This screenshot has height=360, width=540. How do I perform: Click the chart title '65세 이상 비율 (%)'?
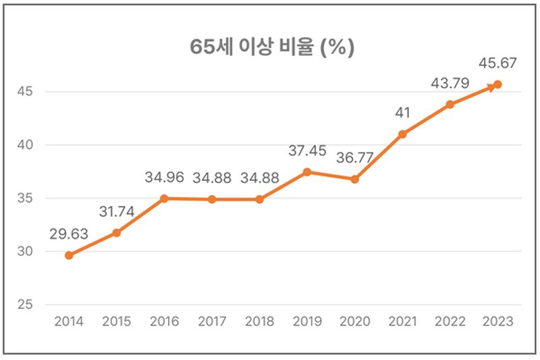pos(271,48)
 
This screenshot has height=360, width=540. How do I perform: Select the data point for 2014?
pos(69,255)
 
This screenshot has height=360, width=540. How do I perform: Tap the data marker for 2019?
pos(307,172)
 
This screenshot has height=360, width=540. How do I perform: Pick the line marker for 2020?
pos(354,179)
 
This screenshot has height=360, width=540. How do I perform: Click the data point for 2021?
pos(402,134)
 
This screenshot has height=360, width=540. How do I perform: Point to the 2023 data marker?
pos(497,84)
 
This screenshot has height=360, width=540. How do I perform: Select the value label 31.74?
pos(116,211)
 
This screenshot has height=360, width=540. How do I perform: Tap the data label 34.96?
pos(164,178)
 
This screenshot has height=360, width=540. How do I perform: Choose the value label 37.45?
pos(307,151)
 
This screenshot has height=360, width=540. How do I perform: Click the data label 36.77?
pos(354,159)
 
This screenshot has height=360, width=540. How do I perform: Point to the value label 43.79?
pos(450,84)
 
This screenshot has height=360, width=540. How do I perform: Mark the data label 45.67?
pos(497,64)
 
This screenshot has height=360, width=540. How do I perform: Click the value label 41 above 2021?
pos(402,113)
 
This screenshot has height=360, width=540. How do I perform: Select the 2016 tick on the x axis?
pos(164,322)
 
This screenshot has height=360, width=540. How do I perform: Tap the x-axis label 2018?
pos(259,322)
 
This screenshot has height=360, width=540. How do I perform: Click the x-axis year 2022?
pos(450,322)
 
